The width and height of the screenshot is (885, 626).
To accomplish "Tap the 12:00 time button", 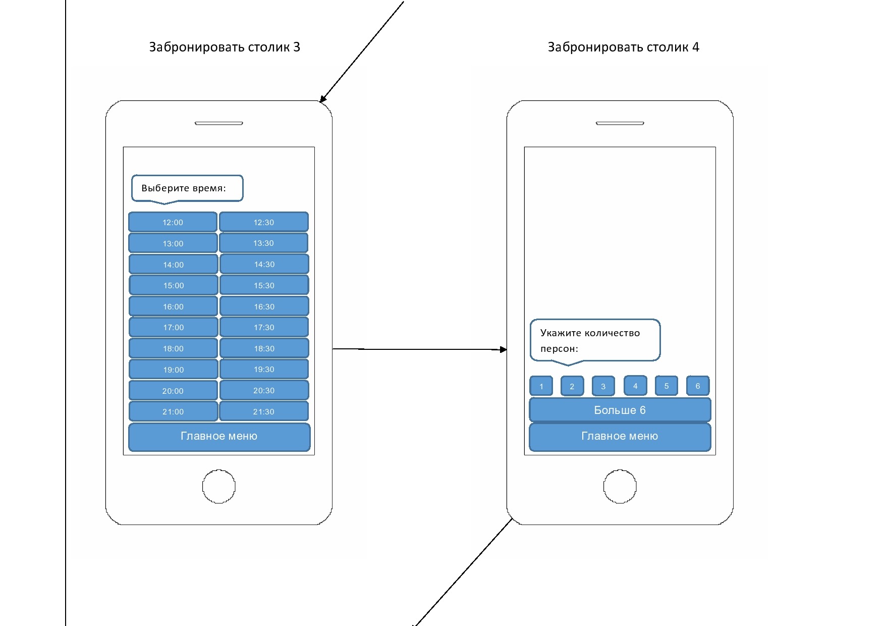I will click(173, 222).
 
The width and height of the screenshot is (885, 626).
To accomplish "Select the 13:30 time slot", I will click(263, 243).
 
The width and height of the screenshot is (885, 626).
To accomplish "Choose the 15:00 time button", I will click(173, 285).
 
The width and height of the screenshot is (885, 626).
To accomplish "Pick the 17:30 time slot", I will click(264, 327).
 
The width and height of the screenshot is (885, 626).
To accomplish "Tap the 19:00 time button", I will click(173, 370).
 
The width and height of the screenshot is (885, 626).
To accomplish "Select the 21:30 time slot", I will click(263, 411).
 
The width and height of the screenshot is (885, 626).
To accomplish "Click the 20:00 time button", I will click(173, 391).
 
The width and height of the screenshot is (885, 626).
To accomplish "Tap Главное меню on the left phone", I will click(219, 436).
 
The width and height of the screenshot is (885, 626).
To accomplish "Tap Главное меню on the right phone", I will click(620, 436).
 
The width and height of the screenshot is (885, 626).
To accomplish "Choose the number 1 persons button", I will click(541, 386).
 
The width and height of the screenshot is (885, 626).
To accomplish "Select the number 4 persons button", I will click(635, 386).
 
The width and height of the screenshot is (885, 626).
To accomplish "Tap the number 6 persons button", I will click(698, 386).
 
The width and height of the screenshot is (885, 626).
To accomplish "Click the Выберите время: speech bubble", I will click(187, 188).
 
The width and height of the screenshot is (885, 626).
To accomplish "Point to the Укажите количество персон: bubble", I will click(595, 340).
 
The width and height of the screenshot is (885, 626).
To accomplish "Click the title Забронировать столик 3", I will click(225, 47).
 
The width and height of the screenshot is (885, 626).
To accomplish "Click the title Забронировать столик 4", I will click(624, 47).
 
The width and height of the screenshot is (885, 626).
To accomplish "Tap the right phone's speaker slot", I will click(620, 123).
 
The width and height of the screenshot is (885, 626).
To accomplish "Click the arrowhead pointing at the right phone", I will click(503, 349).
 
